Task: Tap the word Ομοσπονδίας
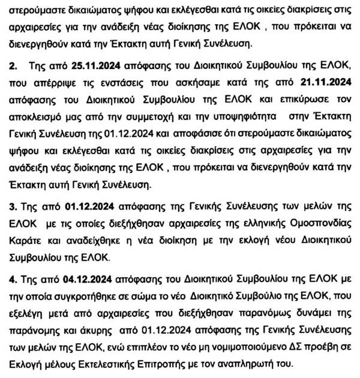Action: click(x=317, y=223)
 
